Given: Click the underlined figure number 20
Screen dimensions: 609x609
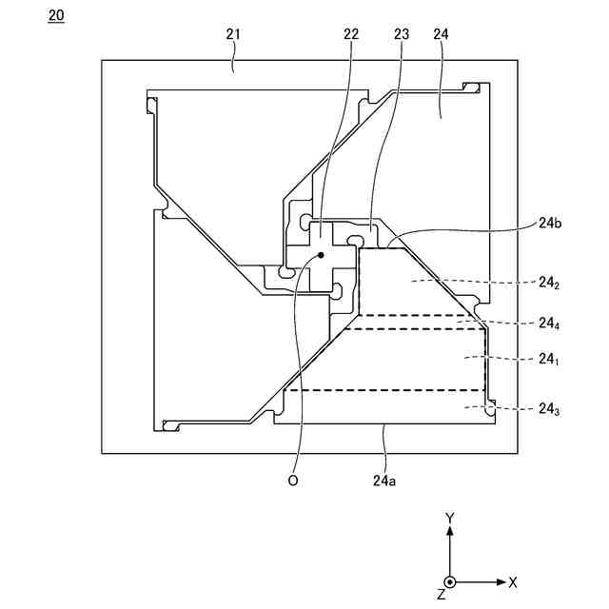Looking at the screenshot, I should coord(56,16).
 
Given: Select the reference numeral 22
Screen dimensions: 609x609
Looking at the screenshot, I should coord(351,34).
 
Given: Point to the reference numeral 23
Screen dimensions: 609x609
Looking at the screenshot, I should coord(401,34).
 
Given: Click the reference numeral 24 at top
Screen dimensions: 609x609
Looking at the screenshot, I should coord(441,34).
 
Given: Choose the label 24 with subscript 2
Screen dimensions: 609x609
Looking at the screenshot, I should coord(547,283).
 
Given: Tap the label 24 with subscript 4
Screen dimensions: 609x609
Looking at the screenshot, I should coord(547,324).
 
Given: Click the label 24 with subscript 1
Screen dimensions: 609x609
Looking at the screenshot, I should coord(547,360).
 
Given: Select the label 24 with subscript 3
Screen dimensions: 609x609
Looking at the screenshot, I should coord(547,409).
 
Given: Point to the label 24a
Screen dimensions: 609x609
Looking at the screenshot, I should coord(384,481).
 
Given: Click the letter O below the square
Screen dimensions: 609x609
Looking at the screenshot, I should coord(293,481).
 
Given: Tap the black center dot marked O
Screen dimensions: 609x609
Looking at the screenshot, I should coord(322,256).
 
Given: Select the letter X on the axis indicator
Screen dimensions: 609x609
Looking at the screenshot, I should coord(513,581).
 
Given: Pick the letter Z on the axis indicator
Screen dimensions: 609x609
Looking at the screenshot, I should coord(441,594).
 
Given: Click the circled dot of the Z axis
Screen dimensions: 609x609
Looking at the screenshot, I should coord(450,581).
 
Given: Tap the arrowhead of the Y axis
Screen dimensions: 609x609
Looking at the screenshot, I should coord(450,533).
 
